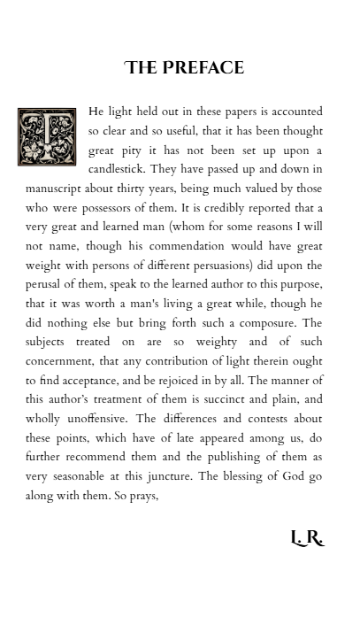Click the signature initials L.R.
pos(307,538)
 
